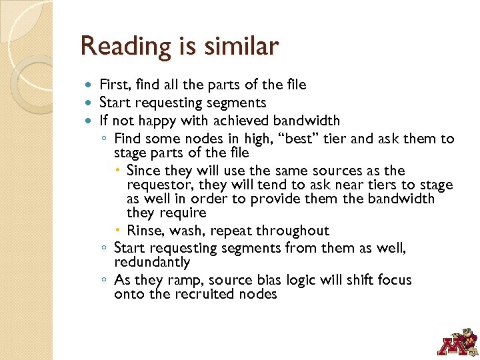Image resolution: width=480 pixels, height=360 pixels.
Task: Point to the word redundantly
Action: tap(152, 263)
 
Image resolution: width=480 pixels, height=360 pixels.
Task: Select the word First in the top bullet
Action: tap(114, 85)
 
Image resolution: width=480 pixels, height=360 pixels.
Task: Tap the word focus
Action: tap(393, 280)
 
